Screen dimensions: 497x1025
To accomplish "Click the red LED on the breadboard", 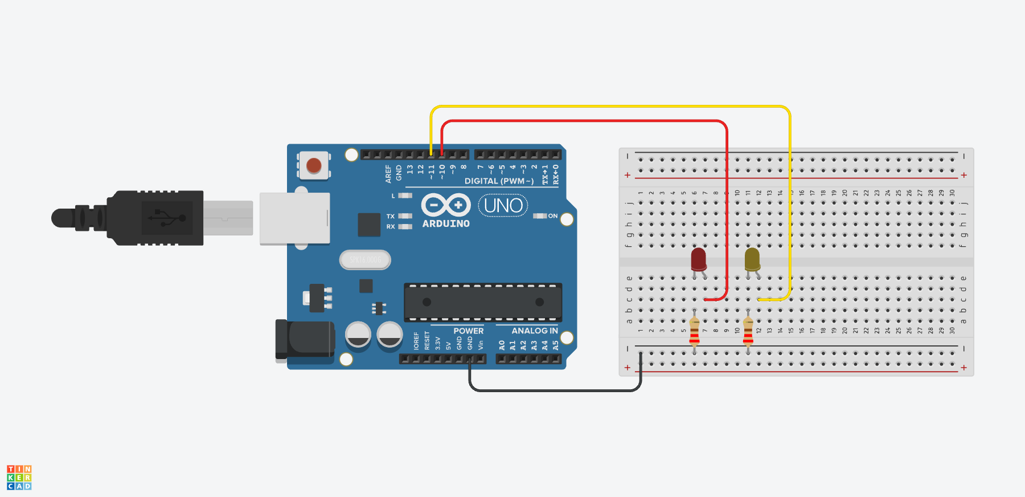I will point(699,259).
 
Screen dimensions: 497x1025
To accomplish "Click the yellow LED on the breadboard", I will point(752,259).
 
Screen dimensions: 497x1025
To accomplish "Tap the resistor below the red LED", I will point(694,332).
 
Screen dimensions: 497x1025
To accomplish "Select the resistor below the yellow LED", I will point(748,332).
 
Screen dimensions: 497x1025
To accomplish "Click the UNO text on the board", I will point(503,205).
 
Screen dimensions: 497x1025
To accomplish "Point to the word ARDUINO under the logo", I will point(446,224).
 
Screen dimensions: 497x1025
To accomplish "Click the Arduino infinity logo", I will point(446,205).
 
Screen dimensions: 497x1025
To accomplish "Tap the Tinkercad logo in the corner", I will point(19,478).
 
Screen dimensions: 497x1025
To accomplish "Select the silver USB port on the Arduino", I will point(294,218).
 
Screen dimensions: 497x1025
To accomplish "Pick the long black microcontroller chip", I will point(483,302).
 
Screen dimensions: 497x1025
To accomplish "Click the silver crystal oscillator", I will point(365,260).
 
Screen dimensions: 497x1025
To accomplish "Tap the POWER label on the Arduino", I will point(468,331).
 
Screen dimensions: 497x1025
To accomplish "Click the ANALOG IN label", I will point(534,331).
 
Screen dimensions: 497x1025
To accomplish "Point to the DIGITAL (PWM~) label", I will point(499,181).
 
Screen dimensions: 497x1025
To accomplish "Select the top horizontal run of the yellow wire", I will point(609,107).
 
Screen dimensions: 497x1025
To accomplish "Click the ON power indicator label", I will point(552,216).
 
